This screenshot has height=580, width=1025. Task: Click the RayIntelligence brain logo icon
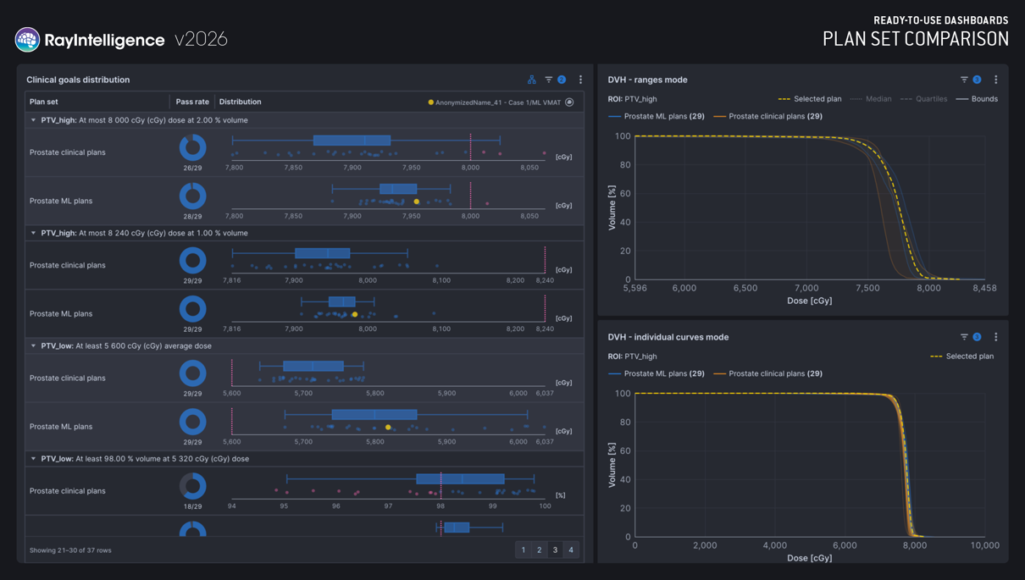click(27, 39)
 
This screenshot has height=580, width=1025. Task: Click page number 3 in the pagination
click(555, 550)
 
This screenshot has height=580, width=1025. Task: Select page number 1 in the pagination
click(524, 550)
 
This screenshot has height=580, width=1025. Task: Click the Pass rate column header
click(192, 102)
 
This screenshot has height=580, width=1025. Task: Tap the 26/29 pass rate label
click(192, 168)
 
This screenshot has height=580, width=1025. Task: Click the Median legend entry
click(870, 99)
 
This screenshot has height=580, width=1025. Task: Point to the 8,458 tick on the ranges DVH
click(984, 288)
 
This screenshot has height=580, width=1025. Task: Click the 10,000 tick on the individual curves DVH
click(984, 545)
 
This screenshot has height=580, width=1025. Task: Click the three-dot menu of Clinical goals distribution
click(580, 80)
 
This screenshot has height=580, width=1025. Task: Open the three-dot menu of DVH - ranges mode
click(995, 80)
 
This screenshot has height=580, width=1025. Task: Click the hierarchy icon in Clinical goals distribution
click(532, 80)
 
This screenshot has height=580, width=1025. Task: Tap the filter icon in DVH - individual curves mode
click(964, 337)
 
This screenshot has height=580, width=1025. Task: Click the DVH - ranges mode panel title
click(647, 80)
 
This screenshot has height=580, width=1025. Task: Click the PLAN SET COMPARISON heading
click(916, 39)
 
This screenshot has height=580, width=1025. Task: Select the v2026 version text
click(201, 39)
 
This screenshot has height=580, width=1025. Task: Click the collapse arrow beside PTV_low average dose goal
click(33, 345)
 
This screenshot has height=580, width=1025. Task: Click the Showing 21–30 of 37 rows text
click(70, 550)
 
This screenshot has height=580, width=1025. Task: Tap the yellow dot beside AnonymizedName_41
click(430, 102)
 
